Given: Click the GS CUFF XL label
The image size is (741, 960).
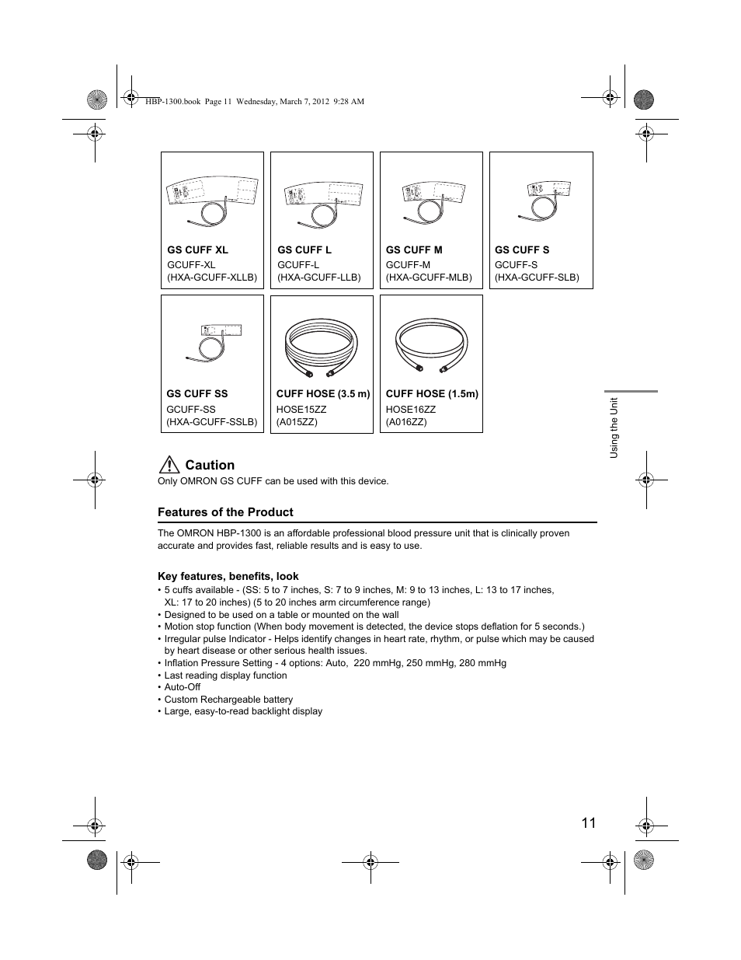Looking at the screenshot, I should pyautogui.click(x=197, y=250).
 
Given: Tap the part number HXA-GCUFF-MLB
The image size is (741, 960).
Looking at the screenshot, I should pyautogui.click(x=429, y=278).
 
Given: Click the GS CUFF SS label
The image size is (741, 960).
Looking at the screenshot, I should pyautogui.click(x=197, y=394).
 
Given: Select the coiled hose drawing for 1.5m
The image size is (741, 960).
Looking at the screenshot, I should pyautogui.click(x=431, y=346).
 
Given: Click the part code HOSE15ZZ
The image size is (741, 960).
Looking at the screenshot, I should pyautogui.click(x=301, y=410).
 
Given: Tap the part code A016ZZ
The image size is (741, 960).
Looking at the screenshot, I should pyautogui.click(x=406, y=422).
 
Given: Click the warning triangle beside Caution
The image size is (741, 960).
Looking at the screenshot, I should pyautogui.click(x=168, y=465).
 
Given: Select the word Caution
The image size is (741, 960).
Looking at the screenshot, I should pyautogui.click(x=210, y=465).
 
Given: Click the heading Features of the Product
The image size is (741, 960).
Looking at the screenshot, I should pyautogui.click(x=225, y=512).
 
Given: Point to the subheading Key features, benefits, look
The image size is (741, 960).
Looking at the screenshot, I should pyautogui.click(x=228, y=577).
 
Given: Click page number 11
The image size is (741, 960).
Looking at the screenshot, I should pyautogui.click(x=588, y=823).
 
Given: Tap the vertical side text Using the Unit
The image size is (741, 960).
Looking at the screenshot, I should pyautogui.click(x=614, y=428).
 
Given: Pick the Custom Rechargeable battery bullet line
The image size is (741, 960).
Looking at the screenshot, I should pyautogui.click(x=228, y=700).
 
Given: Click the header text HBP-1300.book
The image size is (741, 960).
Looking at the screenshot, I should pyautogui.click(x=172, y=102).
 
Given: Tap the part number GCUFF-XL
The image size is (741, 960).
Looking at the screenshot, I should pyautogui.click(x=191, y=265).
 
